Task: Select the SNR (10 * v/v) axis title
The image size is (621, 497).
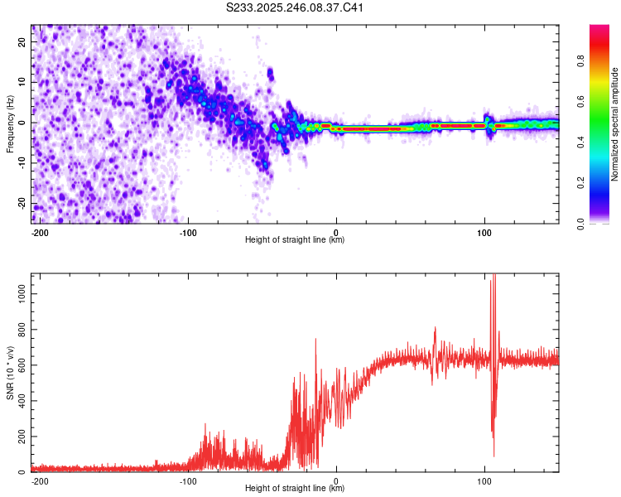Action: (10, 373)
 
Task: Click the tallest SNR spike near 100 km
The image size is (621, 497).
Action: (494, 275)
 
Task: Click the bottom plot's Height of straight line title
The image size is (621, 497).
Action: (295, 489)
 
